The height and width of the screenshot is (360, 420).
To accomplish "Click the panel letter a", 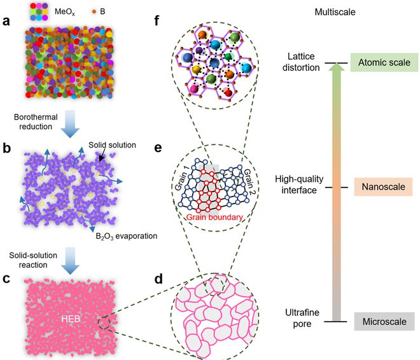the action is tap(6, 21).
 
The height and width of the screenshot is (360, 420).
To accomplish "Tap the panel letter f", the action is tap(157, 20).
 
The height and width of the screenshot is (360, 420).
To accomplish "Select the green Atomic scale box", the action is tap(384, 62).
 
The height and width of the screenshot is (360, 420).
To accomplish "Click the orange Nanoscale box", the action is tap(383, 186).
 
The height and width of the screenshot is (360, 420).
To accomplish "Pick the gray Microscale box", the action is tap(384, 321).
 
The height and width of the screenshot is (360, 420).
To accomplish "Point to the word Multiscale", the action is tap(335, 12).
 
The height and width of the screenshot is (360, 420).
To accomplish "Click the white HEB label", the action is tap(71, 319).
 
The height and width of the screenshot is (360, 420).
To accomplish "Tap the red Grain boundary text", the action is tap(214, 217).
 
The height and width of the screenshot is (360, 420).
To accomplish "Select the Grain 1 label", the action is tap(182, 178).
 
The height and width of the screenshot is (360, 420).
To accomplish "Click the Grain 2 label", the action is tap(249, 181).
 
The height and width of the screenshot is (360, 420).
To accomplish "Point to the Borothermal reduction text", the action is tap(36, 121).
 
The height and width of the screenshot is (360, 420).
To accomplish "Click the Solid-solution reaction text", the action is tap(33, 260).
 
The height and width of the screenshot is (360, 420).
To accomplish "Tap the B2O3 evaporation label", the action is tap(127, 236).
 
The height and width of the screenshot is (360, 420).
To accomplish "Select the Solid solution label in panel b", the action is tap(112, 145).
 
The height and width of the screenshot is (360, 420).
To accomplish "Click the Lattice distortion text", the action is tap(301, 62).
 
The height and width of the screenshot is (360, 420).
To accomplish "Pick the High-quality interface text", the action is tap(299, 184).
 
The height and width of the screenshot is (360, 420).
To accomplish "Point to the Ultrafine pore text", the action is tap(302, 318).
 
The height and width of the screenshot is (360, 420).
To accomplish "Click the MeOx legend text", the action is tap(65, 12).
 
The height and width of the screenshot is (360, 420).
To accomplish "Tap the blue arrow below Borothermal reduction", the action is tap(70, 124).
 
